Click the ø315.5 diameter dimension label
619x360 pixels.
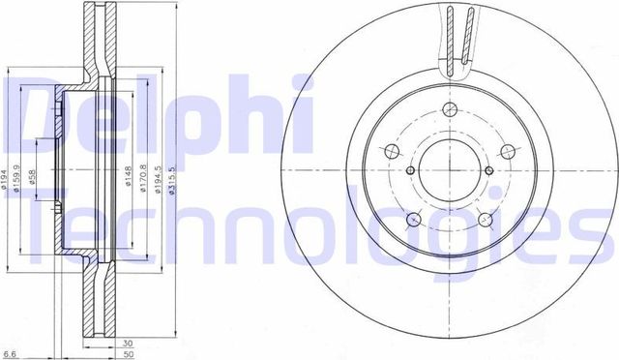click(x=171, y=175)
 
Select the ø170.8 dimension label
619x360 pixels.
click(x=143, y=176)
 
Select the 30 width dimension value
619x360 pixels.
click(x=127, y=342)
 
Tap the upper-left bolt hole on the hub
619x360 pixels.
click(x=392, y=152)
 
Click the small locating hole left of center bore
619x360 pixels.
click(x=410, y=170)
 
